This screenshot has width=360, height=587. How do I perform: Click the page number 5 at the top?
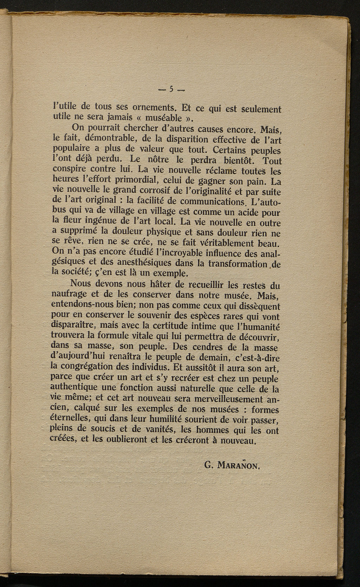pos(171,89)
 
